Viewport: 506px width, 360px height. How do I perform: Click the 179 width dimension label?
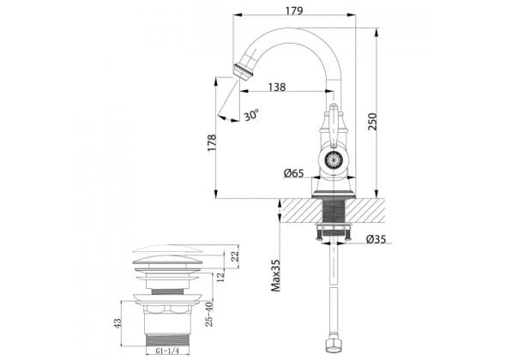294,10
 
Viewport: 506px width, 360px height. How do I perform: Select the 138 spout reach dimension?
277,87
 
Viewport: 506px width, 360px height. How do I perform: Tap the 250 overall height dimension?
373,122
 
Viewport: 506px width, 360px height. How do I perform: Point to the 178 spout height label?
212,143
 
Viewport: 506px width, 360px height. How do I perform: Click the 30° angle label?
251,115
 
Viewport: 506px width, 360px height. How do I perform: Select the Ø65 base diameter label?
293,173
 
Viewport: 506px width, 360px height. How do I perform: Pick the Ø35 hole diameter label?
376,239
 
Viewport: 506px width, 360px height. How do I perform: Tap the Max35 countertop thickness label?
276,275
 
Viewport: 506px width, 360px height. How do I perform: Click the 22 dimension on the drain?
235,256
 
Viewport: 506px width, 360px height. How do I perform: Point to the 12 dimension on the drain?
220,277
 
